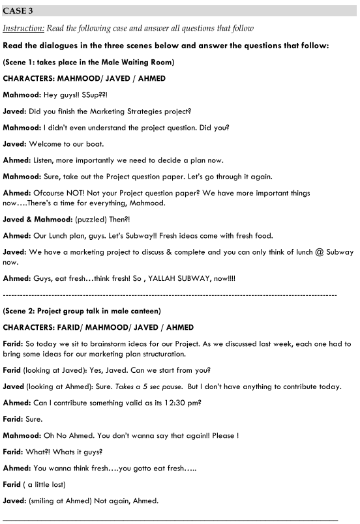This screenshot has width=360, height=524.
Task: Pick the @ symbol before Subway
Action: (x=316, y=252)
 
